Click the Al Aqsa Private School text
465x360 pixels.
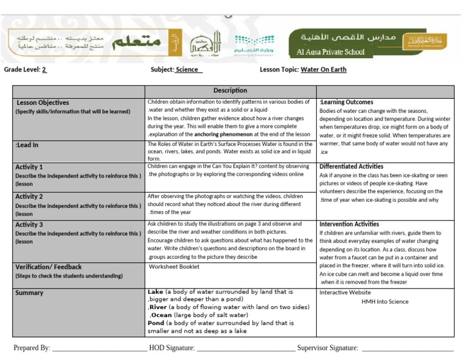(x=331, y=52)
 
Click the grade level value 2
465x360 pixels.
(x=44, y=70)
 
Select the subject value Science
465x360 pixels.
(x=188, y=70)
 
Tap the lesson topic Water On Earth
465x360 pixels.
(x=323, y=70)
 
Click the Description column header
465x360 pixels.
(x=230, y=90)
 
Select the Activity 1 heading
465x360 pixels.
(x=29, y=167)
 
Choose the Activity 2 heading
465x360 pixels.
(x=29, y=196)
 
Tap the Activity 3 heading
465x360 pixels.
(x=29, y=225)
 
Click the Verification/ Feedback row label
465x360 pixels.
(x=48, y=267)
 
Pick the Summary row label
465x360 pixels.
(x=29, y=293)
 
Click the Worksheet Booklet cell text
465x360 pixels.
(x=174, y=266)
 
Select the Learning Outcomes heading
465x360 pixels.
(x=346, y=102)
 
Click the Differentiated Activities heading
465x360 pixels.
(x=351, y=167)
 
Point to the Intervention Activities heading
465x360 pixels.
(x=349, y=224)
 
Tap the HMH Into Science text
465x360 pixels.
(x=385, y=301)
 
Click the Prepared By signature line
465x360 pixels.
(x=99, y=348)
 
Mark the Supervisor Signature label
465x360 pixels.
(x=328, y=348)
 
